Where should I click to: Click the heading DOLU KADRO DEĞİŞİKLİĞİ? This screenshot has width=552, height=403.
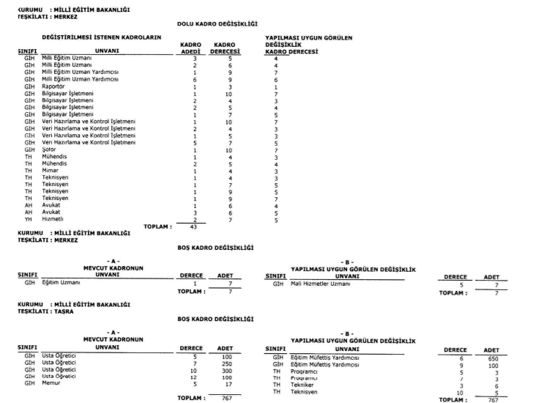click(217, 25)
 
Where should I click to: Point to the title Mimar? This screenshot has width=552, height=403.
click(51, 170)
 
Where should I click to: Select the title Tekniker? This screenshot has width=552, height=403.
click(303, 386)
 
